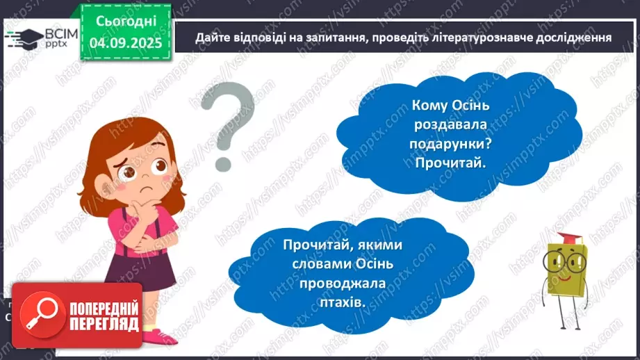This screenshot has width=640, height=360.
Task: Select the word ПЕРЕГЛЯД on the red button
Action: (x=102, y=325)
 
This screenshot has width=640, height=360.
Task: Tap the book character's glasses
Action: (x=567, y=263)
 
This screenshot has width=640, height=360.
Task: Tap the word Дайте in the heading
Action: (x=212, y=38)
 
